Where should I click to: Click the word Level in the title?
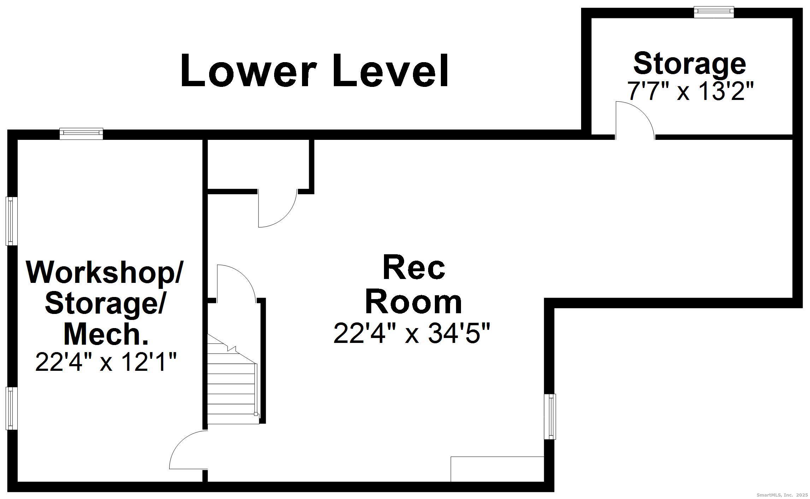pos(390,71)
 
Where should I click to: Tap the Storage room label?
pos(689,64)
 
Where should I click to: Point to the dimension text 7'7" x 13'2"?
pos(690,91)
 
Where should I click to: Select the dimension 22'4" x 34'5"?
pos(412,333)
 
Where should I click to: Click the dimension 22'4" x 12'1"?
pos(106,362)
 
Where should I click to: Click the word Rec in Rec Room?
pos(414,268)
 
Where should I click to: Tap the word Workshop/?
pos(105,272)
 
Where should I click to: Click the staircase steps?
pos(231,388)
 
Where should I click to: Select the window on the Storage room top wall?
pos(714,12)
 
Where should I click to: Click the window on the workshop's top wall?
pos(81,133)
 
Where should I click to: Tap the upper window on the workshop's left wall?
pos(11,221)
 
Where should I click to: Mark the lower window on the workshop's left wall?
pos(11,408)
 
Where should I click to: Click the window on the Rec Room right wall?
pos(550,416)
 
